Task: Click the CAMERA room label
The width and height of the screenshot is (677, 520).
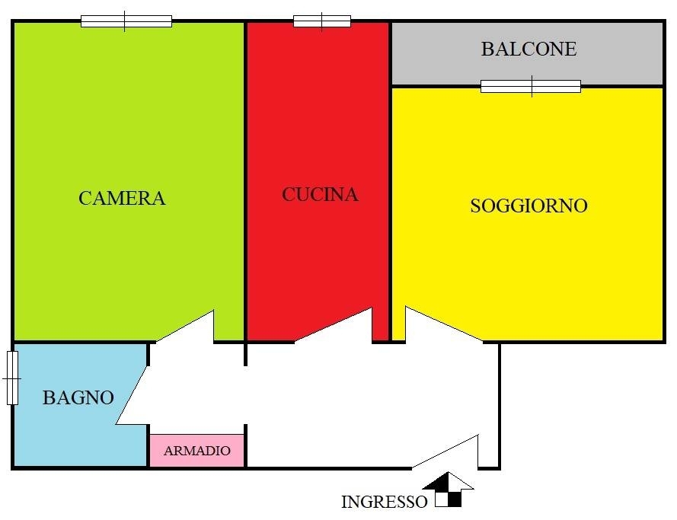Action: pyautogui.click(x=122, y=198)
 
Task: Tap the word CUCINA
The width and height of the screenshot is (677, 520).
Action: pyautogui.click(x=320, y=195)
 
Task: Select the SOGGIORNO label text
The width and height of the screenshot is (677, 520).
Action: pyautogui.click(x=529, y=206)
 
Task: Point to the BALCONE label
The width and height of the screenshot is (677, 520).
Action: pyautogui.click(x=529, y=49)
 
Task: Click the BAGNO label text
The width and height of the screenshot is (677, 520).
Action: pyautogui.click(x=78, y=397)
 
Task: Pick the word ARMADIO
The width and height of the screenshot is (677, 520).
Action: pyautogui.click(x=197, y=451)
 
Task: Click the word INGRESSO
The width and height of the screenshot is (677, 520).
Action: pyautogui.click(x=385, y=502)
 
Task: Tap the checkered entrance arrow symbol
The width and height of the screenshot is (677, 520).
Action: pyautogui.click(x=449, y=490)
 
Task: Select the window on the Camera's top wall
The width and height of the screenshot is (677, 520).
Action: pyautogui.click(x=126, y=21)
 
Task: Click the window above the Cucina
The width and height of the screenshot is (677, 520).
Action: pyautogui.click(x=322, y=21)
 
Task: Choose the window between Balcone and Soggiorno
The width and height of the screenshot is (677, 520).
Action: pyautogui.click(x=531, y=86)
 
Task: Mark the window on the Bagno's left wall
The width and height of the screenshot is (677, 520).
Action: pyautogui.click(x=12, y=378)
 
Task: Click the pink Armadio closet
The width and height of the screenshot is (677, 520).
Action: pyautogui.click(x=197, y=451)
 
